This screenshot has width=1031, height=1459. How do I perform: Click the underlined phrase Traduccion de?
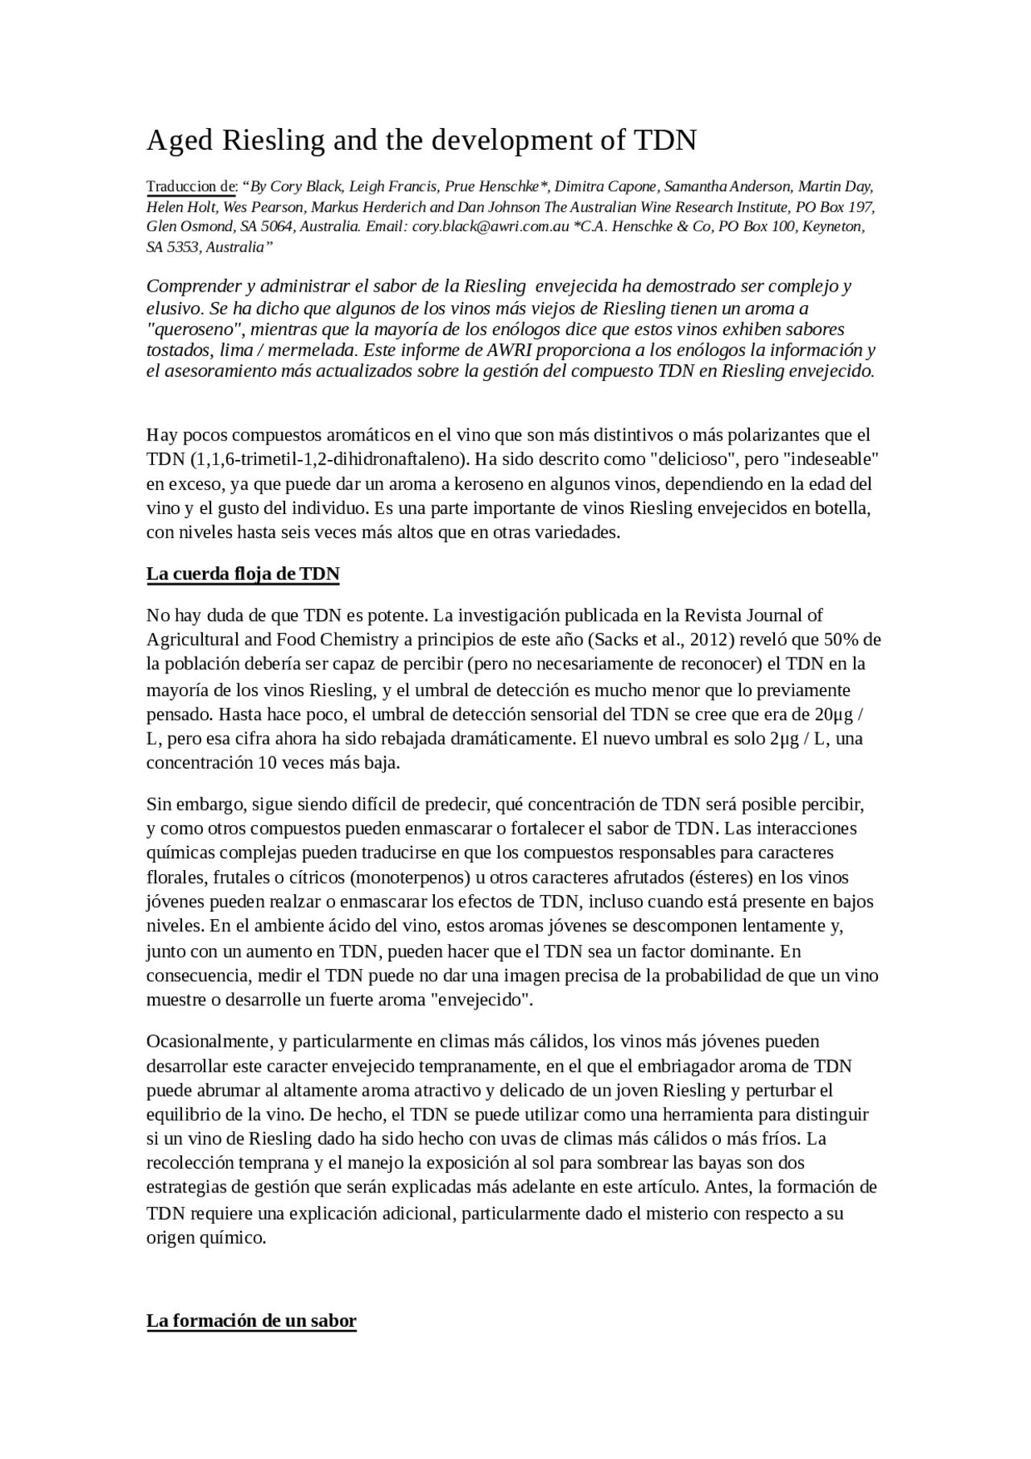pos(190,187)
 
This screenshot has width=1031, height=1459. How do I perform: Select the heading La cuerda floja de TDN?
pos(242,574)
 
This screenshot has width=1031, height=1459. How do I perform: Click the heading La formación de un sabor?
pos(251,1321)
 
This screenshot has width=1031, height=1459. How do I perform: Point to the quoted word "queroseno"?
pos(195,330)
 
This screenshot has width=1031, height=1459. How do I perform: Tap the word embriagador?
pos(686,1067)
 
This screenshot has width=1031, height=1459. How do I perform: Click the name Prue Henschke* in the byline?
pos(496,187)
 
